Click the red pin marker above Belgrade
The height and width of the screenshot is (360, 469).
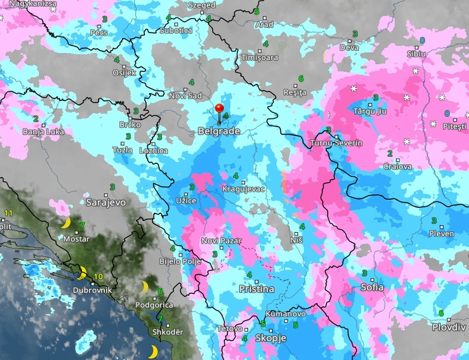click(219, 109)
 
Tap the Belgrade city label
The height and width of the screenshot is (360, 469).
click(218, 131)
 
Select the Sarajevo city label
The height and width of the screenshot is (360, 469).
click(106, 202)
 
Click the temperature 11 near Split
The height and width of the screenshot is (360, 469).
click(8, 213)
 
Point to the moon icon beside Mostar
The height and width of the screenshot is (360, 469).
click(66, 223)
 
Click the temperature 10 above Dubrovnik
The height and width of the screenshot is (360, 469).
click(98, 276)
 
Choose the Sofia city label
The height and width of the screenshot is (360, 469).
click(372, 287)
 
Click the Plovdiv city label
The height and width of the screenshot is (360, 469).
click(448, 327)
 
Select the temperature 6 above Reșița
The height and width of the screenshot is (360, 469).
click(301, 78)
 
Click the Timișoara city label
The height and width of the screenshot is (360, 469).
click(260, 58)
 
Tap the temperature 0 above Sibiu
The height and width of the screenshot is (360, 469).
click(422, 40)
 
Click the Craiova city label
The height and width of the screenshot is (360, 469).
click(397, 166)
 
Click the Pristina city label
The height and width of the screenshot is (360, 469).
click(256, 289)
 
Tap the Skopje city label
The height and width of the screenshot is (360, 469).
click(271, 337)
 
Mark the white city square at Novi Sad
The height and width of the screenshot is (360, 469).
click(186, 89)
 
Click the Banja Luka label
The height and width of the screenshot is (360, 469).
click(43, 131)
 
